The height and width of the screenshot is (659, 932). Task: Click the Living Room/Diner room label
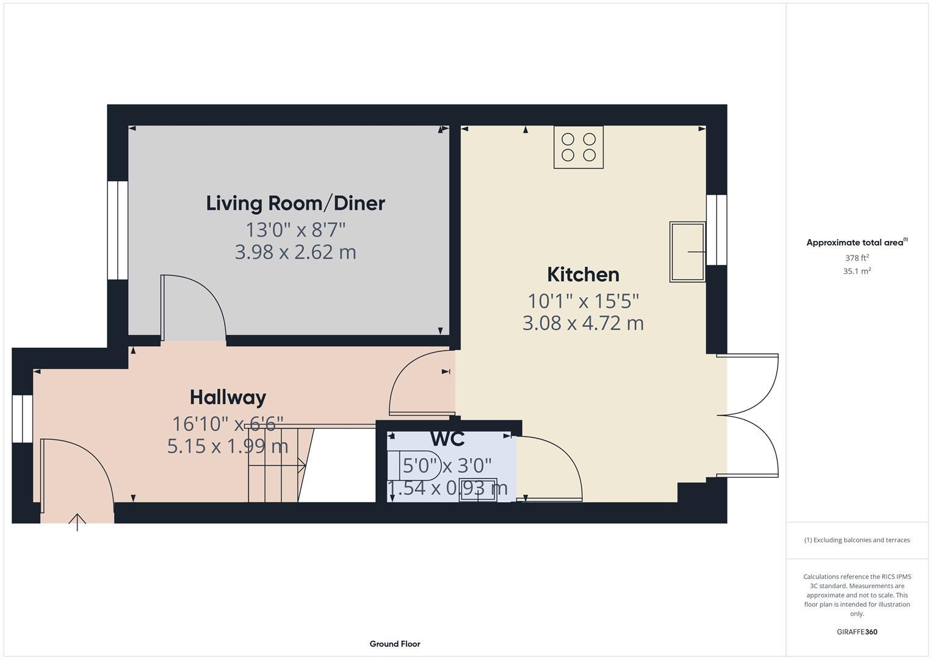(x=295, y=203)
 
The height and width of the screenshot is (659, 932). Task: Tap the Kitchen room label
(x=583, y=275)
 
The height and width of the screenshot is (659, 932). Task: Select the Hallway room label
(x=228, y=397)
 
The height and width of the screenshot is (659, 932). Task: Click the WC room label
(x=447, y=438)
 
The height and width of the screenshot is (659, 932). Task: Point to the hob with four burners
(x=579, y=147)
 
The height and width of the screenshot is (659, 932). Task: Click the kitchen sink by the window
(x=687, y=251)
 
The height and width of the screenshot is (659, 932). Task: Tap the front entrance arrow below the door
(x=77, y=522)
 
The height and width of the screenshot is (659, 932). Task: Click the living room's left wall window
(x=117, y=230)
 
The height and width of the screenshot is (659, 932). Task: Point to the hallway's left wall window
(x=23, y=419)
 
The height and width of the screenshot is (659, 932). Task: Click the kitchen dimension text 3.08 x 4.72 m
(x=583, y=323)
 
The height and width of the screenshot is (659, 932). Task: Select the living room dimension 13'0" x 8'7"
(x=295, y=230)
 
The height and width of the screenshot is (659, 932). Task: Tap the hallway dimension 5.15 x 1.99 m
(x=228, y=446)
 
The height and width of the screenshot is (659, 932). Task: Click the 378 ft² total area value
(x=857, y=258)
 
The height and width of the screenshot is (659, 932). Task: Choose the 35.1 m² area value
(x=857, y=272)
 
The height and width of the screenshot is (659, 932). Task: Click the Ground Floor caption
(x=395, y=644)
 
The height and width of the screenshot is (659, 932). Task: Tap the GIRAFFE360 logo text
(x=857, y=632)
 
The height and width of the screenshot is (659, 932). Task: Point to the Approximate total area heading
(x=856, y=243)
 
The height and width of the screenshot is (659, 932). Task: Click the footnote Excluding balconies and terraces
(x=857, y=540)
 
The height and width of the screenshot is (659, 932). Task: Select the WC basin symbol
(x=478, y=494)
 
